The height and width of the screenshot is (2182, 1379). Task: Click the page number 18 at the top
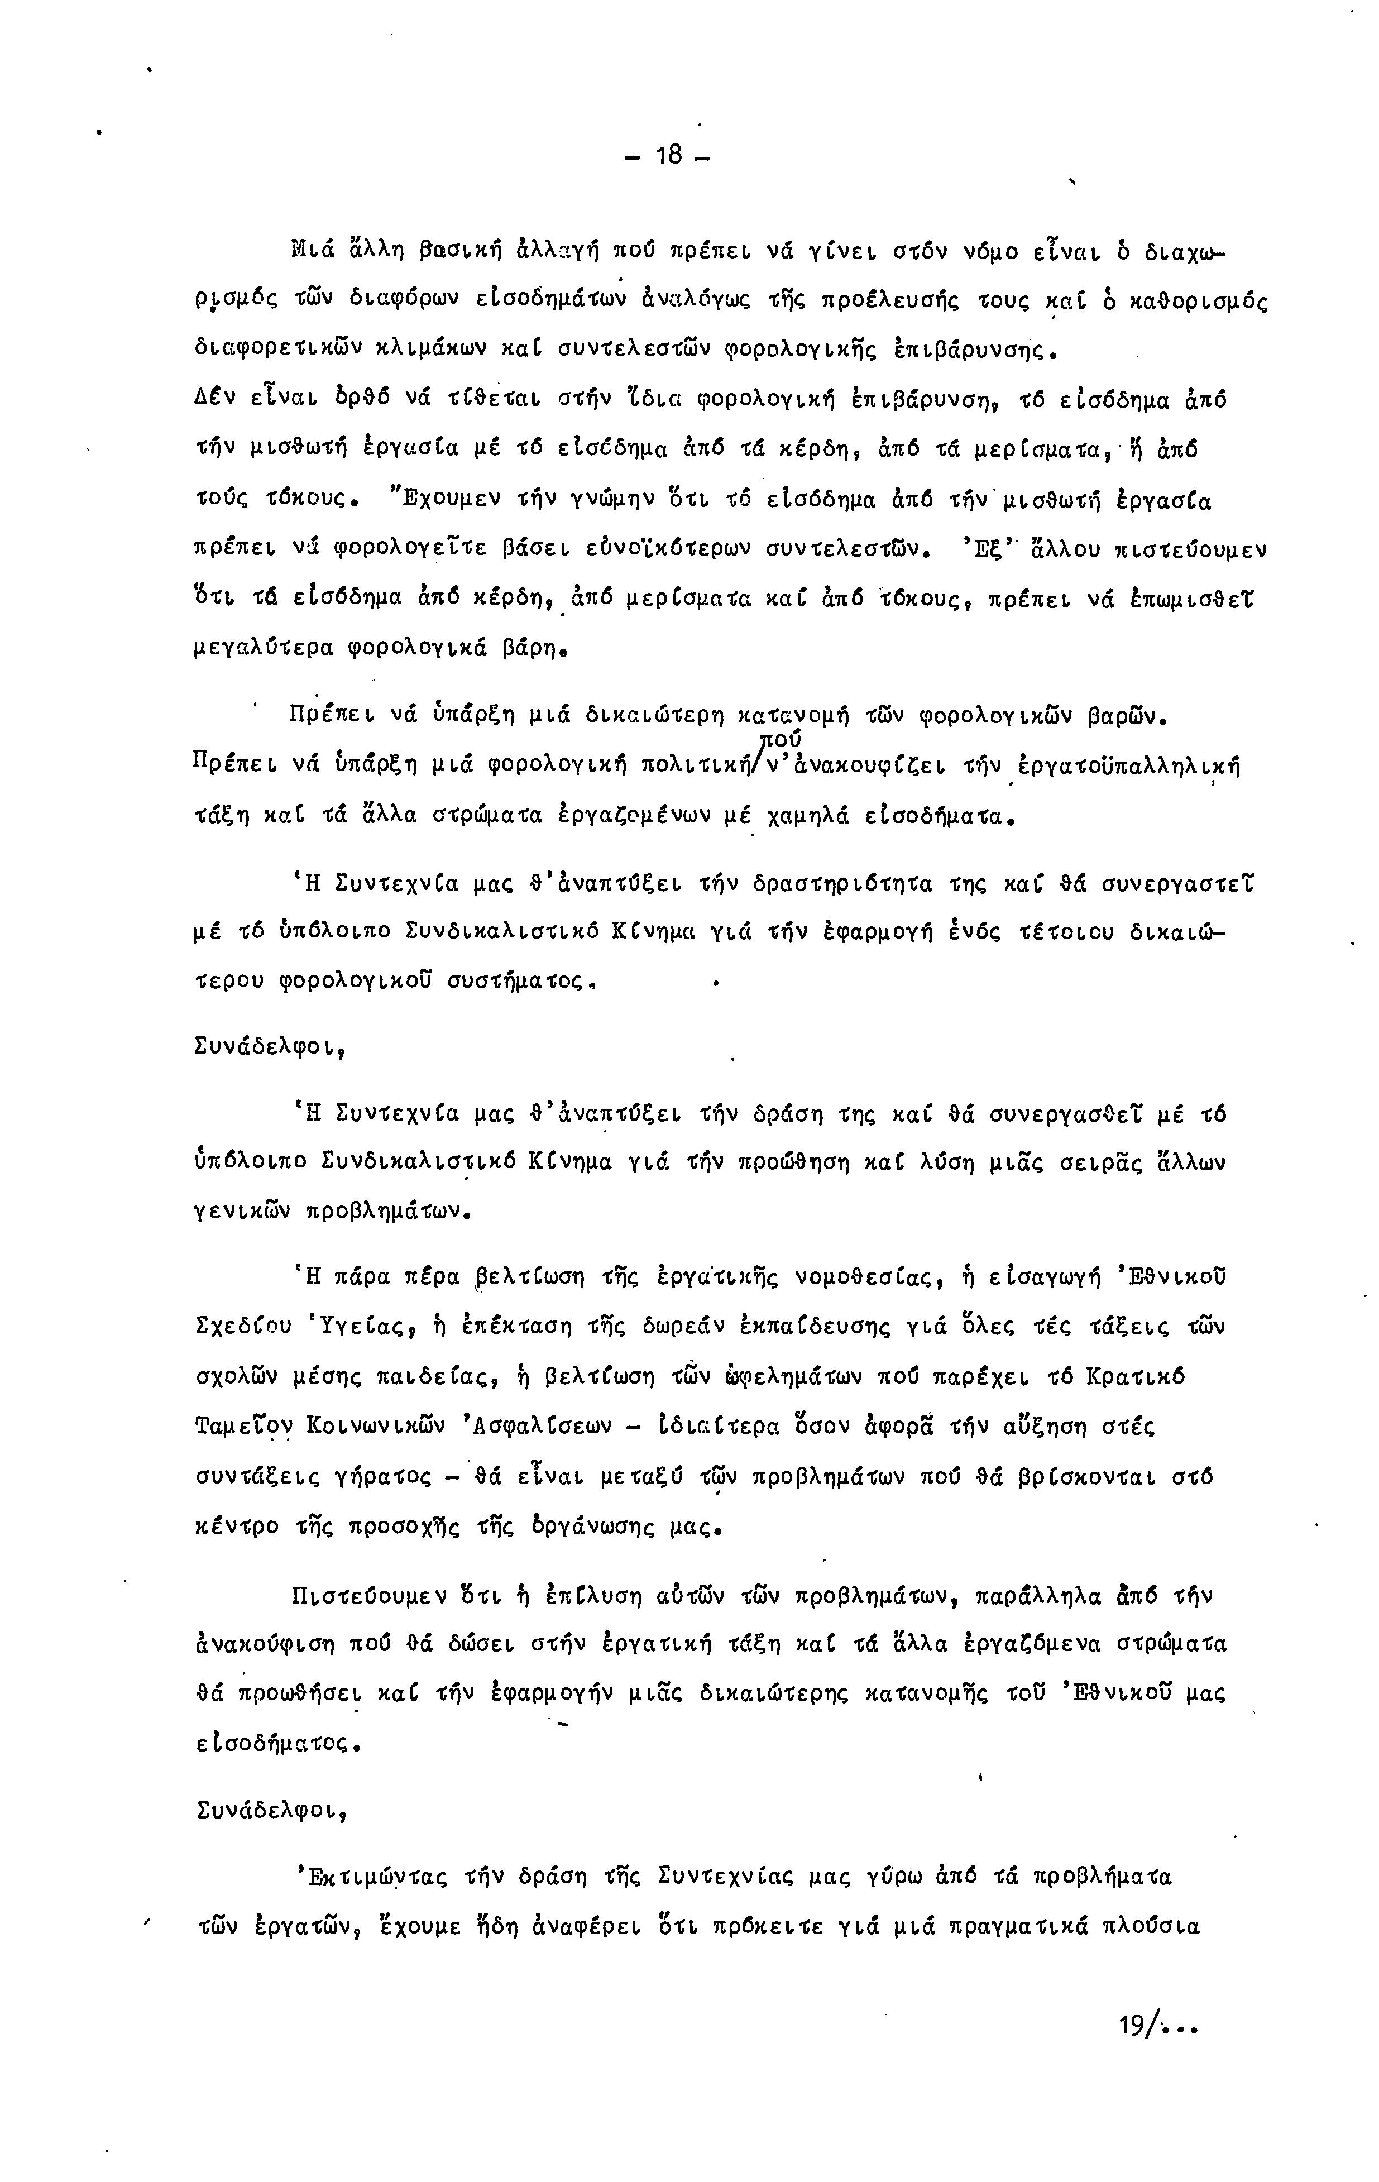(x=668, y=156)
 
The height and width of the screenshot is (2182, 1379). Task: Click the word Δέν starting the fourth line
(x=215, y=400)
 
